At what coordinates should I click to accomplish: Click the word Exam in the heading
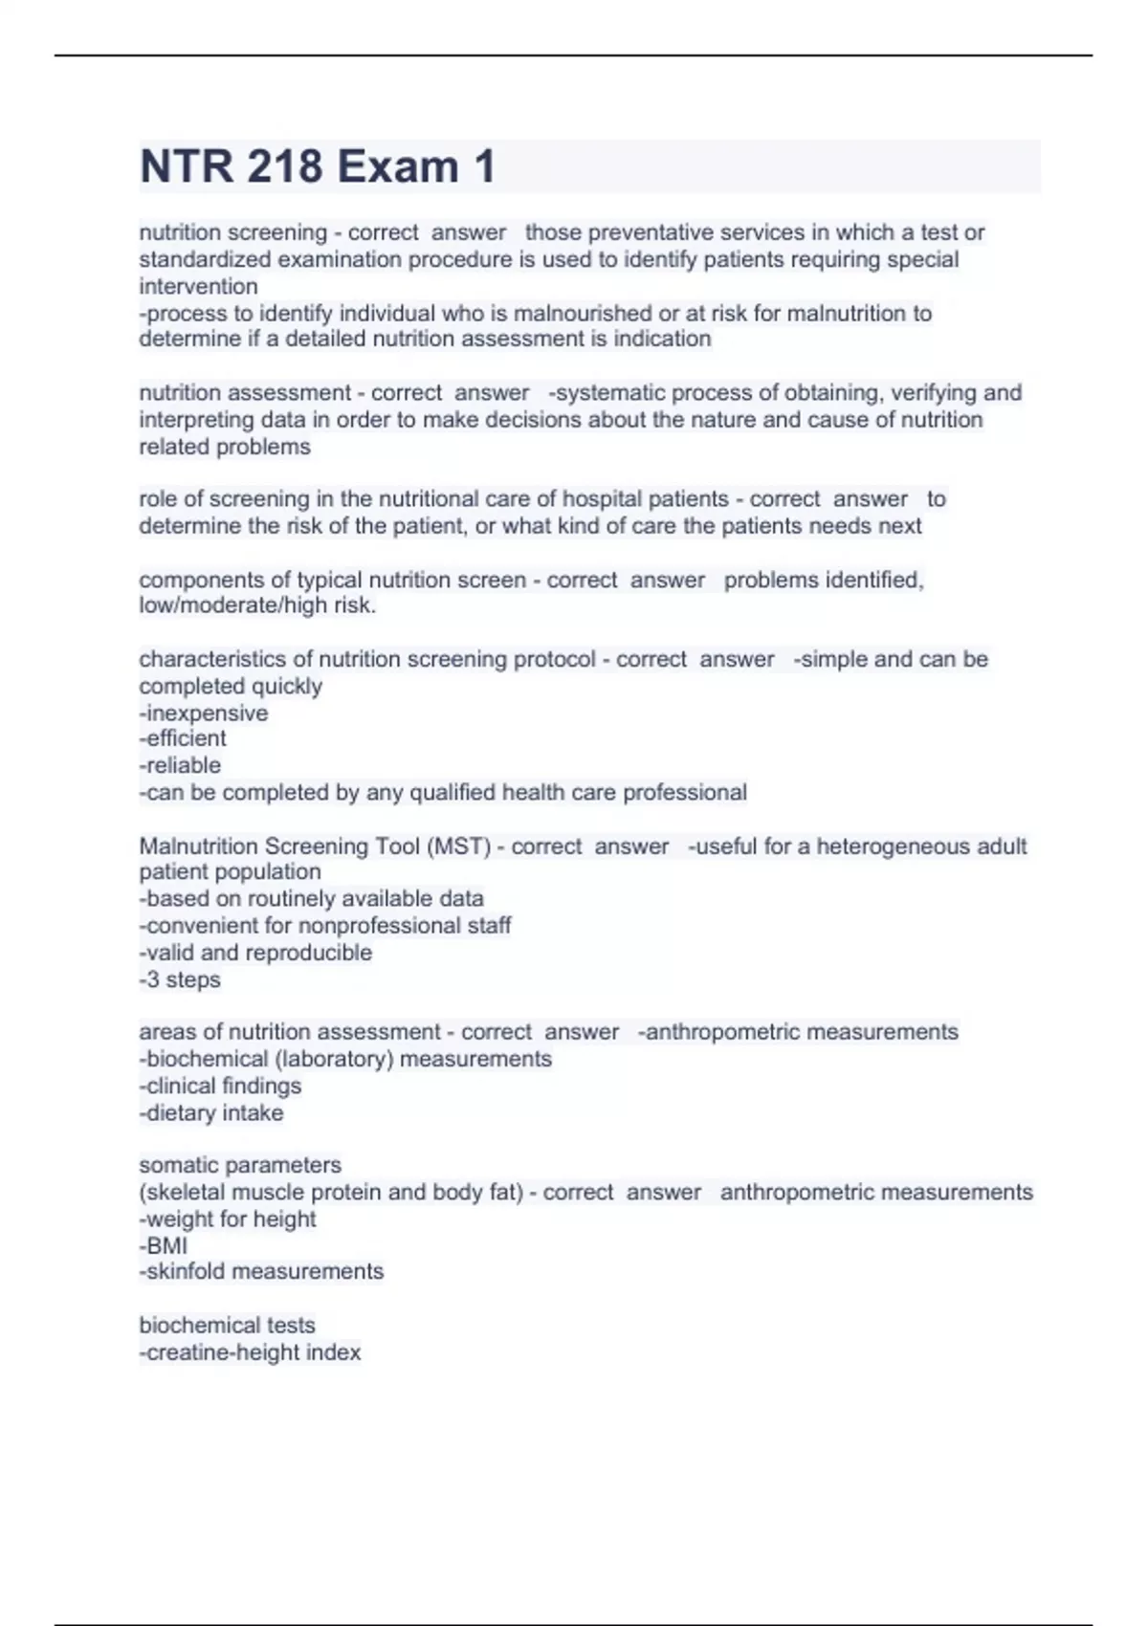pyautogui.click(x=397, y=166)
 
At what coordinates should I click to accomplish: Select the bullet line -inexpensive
pyautogui.click(x=204, y=713)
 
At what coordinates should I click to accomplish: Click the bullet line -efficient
pyautogui.click(x=183, y=738)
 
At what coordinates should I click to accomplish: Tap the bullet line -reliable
pyautogui.click(x=180, y=765)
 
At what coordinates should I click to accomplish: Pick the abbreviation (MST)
pyautogui.click(x=459, y=846)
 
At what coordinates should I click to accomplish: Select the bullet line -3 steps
pyautogui.click(x=180, y=979)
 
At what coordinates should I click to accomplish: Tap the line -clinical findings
pyautogui.click(x=220, y=1086)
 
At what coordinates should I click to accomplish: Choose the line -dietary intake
pyautogui.click(x=211, y=1112)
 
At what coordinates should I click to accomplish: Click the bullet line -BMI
pyautogui.click(x=164, y=1245)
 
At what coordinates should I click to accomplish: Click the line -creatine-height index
pyautogui.click(x=250, y=1352)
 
